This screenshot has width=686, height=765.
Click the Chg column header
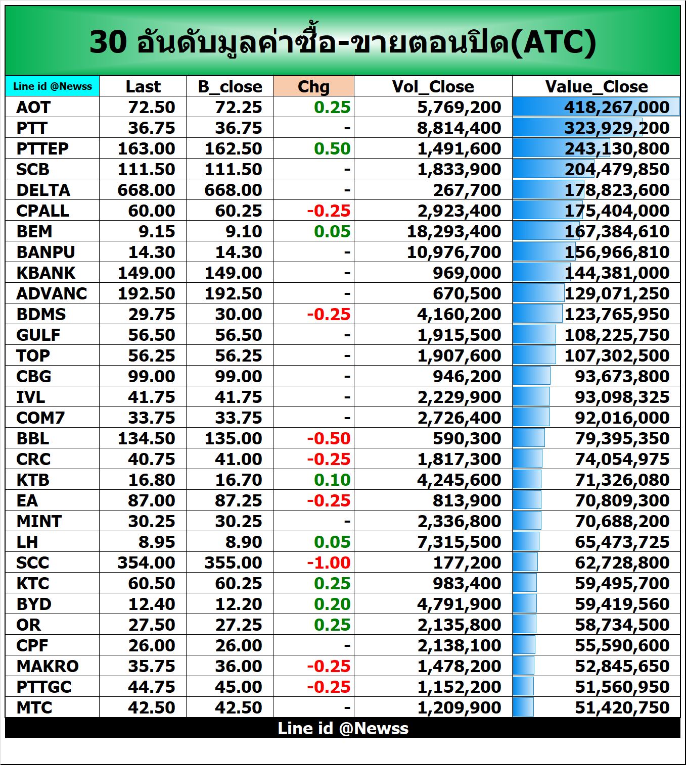pos(313,86)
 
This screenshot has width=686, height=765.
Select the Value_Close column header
pos(596,86)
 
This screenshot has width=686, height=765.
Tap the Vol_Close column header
pos(433,86)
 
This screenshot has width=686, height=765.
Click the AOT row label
pos(33,107)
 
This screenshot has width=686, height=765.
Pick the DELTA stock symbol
pos(43,190)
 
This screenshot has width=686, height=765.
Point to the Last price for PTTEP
pos(146,148)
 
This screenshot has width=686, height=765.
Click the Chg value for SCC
pos(329,563)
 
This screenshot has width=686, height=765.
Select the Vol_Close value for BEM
pos(454,231)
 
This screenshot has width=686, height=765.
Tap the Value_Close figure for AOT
pos(617,107)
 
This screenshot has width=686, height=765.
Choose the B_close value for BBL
pos(233,438)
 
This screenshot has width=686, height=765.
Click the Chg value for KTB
pos(332,480)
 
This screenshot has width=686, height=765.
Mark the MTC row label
pos(34,707)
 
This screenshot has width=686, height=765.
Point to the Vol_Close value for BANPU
pos(454,252)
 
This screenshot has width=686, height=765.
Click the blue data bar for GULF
pos(534,334)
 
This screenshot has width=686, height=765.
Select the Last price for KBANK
pos(146,273)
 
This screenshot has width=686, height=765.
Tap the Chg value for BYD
pos(332,604)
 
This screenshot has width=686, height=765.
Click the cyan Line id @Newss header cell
pos(53,86)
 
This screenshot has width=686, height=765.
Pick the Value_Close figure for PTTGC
pos(622,687)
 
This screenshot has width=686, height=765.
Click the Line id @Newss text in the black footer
pos(343,728)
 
